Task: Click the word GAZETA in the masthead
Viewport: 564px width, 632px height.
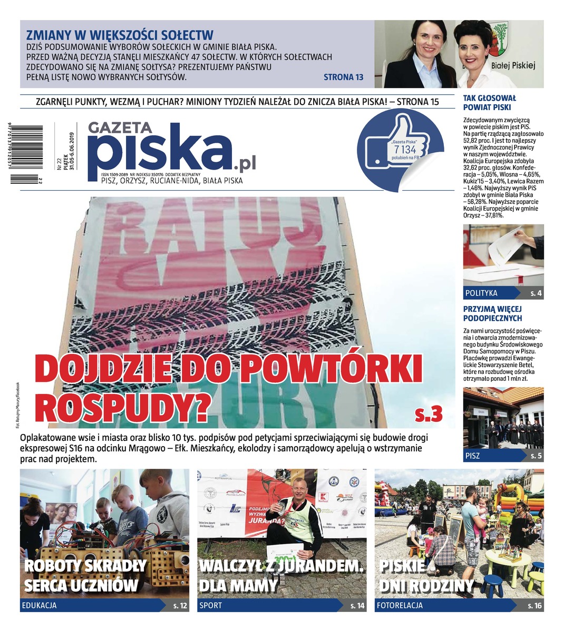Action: pos(120,128)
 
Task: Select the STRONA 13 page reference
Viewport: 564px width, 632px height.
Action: pos(343,77)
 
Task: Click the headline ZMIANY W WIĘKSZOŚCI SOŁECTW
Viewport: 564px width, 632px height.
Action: pos(120,35)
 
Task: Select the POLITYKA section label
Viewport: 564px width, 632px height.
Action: pos(481,293)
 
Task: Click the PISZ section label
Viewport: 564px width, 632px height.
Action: pos(472,456)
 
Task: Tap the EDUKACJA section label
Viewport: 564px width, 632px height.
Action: pos(39,606)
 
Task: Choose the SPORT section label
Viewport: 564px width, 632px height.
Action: pos(210,606)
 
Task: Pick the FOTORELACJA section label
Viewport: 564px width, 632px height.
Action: pos(400,606)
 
